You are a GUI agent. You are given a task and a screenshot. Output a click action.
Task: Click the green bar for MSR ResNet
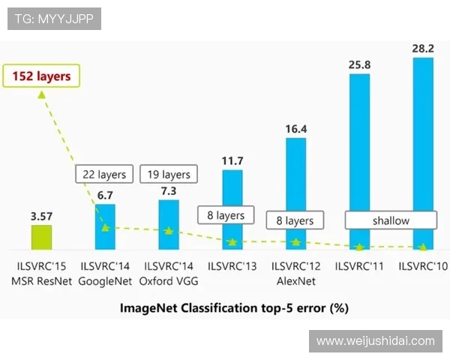(x=41, y=236)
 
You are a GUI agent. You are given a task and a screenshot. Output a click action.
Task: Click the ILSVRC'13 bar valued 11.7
(x=232, y=202)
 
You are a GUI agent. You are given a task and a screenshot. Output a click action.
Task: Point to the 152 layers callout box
(x=42, y=76)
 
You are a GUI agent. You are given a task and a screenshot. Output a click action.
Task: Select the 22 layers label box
(x=104, y=175)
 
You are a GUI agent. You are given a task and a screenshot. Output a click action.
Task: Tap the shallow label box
(x=391, y=220)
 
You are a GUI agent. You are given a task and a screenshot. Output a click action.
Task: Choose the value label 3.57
(x=41, y=216)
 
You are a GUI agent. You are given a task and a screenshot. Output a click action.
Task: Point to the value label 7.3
(x=169, y=191)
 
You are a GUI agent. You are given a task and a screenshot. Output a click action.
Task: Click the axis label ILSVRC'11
(x=360, y=266)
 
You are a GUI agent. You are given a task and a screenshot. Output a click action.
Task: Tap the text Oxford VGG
(x=169, y=281)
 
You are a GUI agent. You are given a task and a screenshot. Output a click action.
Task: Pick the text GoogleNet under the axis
(x=105, y=281)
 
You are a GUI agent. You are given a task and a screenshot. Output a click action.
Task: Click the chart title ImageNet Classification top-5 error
(x=235, y=307)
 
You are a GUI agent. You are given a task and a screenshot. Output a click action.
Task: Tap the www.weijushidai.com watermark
(x=375, y=341)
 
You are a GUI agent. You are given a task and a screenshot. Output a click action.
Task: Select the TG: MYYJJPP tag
(x=54, y=19)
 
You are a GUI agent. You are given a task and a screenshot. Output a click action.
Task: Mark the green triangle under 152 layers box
(x=42, y=94)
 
